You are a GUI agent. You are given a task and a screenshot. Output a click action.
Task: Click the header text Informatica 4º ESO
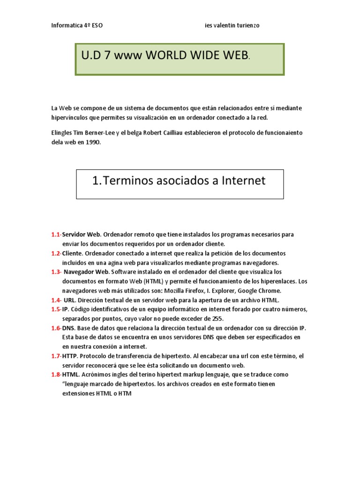tap(77, 26)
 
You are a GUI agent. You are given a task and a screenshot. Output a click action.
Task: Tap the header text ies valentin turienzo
tap(232, 26)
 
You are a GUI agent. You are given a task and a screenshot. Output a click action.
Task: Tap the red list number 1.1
tap(56, 234)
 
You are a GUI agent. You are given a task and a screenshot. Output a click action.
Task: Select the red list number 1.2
tap(56, 253)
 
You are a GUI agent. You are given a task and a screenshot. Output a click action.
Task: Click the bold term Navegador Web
tap(86, 272)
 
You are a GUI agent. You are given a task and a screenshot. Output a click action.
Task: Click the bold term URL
tap(69, 300)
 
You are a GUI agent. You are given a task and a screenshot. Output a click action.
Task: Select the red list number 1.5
tap(56, 309)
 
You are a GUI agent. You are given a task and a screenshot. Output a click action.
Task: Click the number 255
tap(217, 319)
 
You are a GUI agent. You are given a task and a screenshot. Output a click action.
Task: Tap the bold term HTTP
tap(70, 356)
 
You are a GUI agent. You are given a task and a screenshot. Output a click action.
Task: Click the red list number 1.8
tap(56, 375)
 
